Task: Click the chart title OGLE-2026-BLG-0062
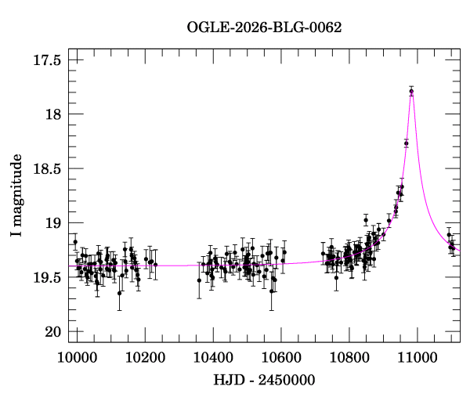pos(264,27)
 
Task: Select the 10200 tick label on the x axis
pos(145,357)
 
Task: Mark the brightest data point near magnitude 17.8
pos(411,92)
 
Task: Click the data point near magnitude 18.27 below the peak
pos(406,143)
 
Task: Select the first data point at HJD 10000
pos(75,242)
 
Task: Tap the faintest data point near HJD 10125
pos(119,293)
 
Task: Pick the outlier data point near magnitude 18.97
pos(366,220)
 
